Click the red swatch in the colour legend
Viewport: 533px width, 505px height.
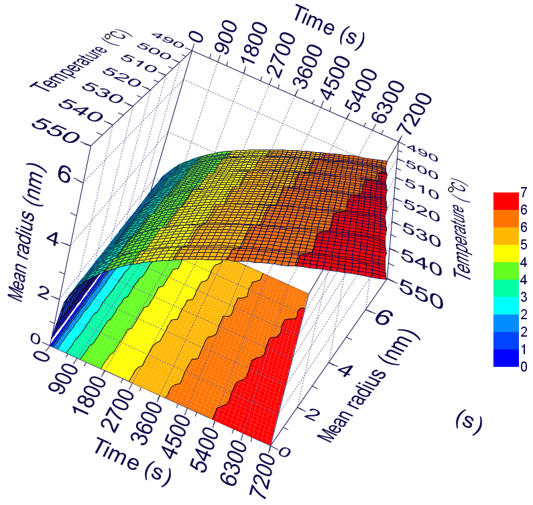point(506,201)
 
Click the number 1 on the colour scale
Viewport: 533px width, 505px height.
point(523,349)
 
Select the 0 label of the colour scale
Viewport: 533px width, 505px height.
point(523,367)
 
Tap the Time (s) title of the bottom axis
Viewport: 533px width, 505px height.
point(132,460)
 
